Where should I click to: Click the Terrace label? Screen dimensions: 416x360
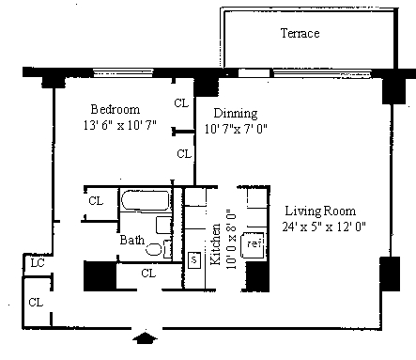coord(300,33)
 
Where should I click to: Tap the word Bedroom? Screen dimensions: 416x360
coord(116,109)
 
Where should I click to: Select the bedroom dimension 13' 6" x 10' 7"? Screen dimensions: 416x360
coord(120,125)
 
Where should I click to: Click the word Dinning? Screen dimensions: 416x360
coord(236,114)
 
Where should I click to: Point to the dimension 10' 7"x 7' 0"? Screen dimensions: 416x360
coord(236,129)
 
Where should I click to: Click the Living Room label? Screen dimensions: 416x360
coord(320,211)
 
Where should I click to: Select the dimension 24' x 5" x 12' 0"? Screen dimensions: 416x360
coord(324,227)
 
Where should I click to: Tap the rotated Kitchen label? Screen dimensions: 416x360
coord(216,244)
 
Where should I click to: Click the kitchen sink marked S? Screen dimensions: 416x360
coord(194,259)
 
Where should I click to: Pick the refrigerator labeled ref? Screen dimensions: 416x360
coord(253,244)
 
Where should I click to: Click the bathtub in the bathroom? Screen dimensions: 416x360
coord(145,200)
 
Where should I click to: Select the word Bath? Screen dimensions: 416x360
coord(132,240)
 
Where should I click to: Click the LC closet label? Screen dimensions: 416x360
coord(38,263)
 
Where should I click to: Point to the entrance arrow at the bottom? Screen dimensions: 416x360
coord(145,337)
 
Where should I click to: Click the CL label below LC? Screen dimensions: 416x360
coord(36,303)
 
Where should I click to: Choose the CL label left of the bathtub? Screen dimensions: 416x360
coord(96,200)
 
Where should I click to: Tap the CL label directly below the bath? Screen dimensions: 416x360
coord(148,274)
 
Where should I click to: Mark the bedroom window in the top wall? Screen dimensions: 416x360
coord(124,73)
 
